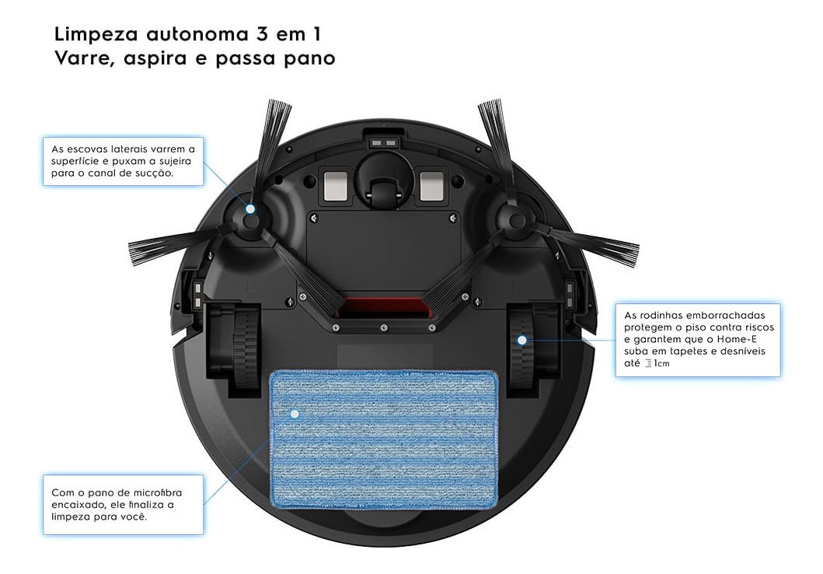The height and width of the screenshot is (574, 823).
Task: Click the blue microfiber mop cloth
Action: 383,439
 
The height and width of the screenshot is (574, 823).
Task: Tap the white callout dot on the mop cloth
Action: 295,415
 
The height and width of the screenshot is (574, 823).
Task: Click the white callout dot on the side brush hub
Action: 251,209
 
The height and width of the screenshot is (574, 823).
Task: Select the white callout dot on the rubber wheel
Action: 521,341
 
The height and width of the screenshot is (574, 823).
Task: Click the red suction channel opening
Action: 383,308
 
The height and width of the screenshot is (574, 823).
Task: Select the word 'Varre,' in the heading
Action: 84,58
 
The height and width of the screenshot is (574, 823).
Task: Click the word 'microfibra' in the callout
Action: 158,492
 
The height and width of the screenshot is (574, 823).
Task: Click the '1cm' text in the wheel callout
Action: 661,363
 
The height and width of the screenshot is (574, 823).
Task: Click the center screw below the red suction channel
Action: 384,327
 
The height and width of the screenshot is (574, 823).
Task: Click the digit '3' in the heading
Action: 261,35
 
